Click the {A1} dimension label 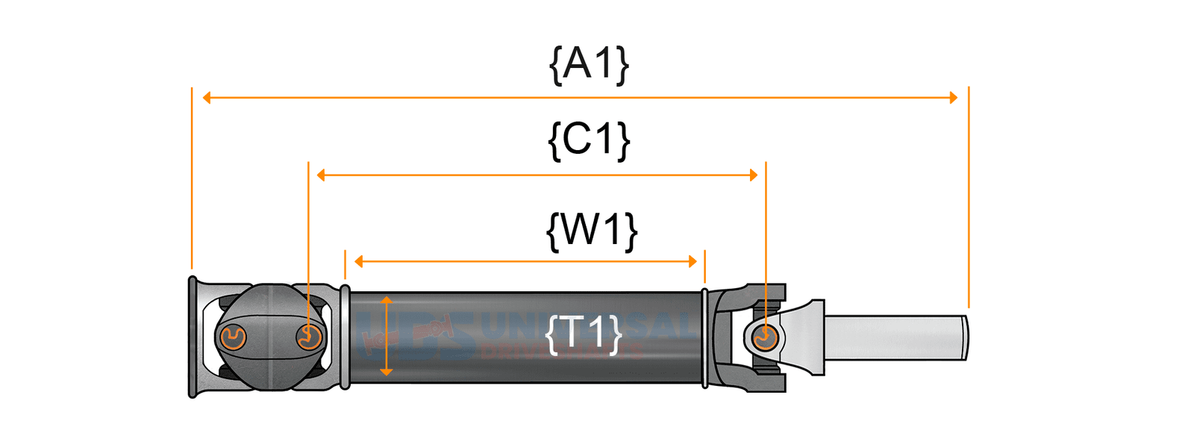pos(589,64)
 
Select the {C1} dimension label pos(589,140)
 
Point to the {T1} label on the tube pos(584,334)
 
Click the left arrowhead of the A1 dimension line pos(207,98)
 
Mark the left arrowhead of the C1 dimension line pos(321,175)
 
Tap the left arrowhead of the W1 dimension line pos(359,261)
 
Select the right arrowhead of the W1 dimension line pos(693,261)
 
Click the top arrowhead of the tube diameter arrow pos(386,300)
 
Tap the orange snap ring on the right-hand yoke pos(763,338)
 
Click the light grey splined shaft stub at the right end pos(895,337)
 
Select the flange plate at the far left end pos(193,337)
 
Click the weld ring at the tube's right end pos(704,337)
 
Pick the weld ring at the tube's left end pos(345,337)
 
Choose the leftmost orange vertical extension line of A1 pos(192,179)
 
